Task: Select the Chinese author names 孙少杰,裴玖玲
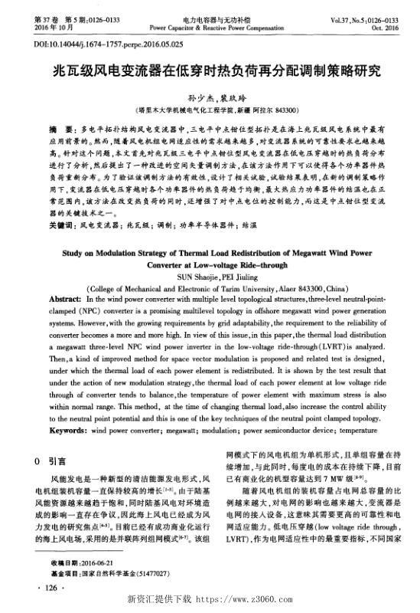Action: pos(210,100)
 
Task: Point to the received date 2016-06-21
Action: pos(94,562)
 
